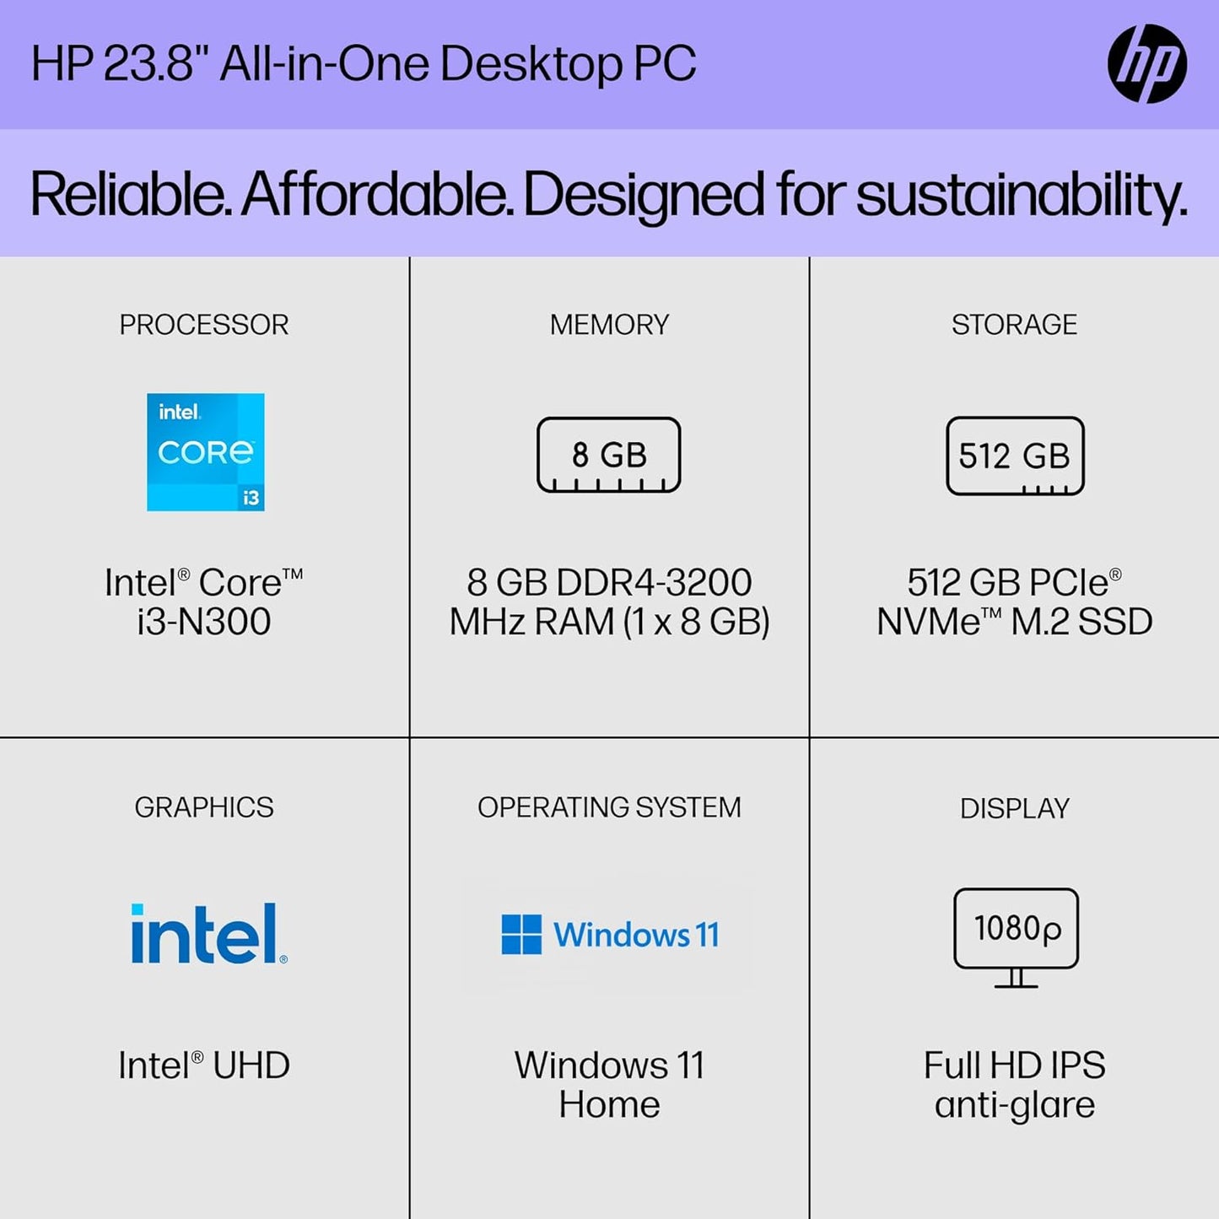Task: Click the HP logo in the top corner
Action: pos(1146,64)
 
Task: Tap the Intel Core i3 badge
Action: pos(205,452)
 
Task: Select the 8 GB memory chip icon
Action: pos(608,456)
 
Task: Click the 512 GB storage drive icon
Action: pos(1015,456)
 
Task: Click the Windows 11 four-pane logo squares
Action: pos(521,935)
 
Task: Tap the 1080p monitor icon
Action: pos(1016,937)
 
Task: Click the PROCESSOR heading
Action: pos(204,325)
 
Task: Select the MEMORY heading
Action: pos(609,325)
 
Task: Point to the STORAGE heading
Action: pos(1014,325)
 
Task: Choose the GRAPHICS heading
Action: pos(204,807)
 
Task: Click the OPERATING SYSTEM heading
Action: pos(609,807)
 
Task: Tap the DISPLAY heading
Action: pos(1014,808)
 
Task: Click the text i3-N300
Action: pos(204,622)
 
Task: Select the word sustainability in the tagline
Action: pos(1021,195)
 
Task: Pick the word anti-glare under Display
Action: pos(1014,1104)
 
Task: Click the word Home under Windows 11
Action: pos(609,1104)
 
